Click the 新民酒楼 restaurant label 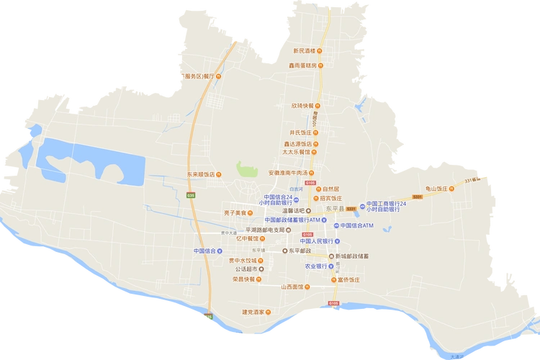click(305, 50)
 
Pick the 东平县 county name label click(335, 208)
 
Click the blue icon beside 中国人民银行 click(336, 241)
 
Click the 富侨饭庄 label click(352, 279)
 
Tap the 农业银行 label click(316, 266)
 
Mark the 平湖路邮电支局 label click(269, 229)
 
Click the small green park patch click(247, 170)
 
